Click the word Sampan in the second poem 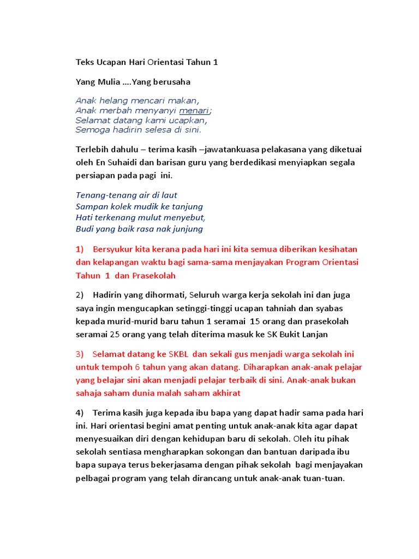coord(89,206)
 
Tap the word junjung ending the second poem coord(184,229)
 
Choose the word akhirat coord(223,393)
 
